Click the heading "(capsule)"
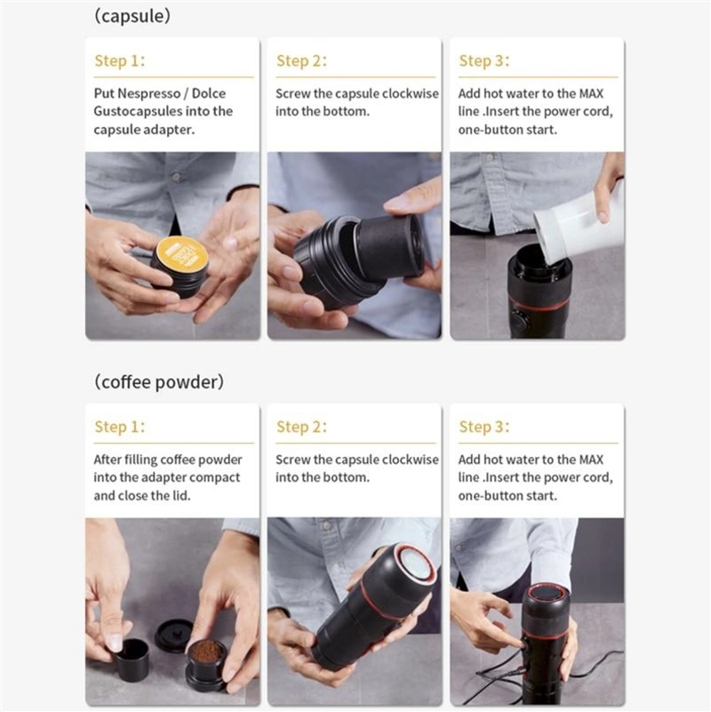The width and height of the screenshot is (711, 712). pos(132,16)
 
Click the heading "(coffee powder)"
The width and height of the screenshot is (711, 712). pos(158,381)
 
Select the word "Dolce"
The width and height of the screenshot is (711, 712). pos(208,93)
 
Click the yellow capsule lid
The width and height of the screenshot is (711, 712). pos(182,256)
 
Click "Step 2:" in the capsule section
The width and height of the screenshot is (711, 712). pos(301,60)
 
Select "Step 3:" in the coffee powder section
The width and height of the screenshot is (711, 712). pos(484,427)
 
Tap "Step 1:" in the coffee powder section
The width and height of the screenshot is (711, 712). pos(119,427)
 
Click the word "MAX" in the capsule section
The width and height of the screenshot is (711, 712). pos(591,93)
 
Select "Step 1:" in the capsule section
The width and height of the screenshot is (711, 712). pos(119,60)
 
